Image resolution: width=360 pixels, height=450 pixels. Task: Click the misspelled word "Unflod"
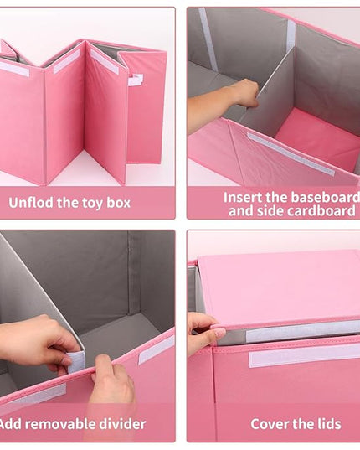pyautogui.click(x=31, y=203)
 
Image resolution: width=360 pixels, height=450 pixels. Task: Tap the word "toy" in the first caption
pyautogui.click(x=92, y=203)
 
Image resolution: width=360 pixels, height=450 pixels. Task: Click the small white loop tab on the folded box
pyautogui.click(x=136, y=80)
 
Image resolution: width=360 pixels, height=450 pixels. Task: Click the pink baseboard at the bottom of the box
pyautogui.click(x=316, y=137)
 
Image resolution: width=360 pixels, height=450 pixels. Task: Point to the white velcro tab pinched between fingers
pyautogui.click(x=76, y=361)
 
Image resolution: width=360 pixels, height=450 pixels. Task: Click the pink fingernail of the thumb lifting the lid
pyautogui.click(x=219, y=333)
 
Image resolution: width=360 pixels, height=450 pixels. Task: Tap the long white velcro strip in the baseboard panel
pyautogui.click(x=291, y=154)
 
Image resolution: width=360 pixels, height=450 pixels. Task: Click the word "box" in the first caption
pyautogui.click(x=119, y=203)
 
